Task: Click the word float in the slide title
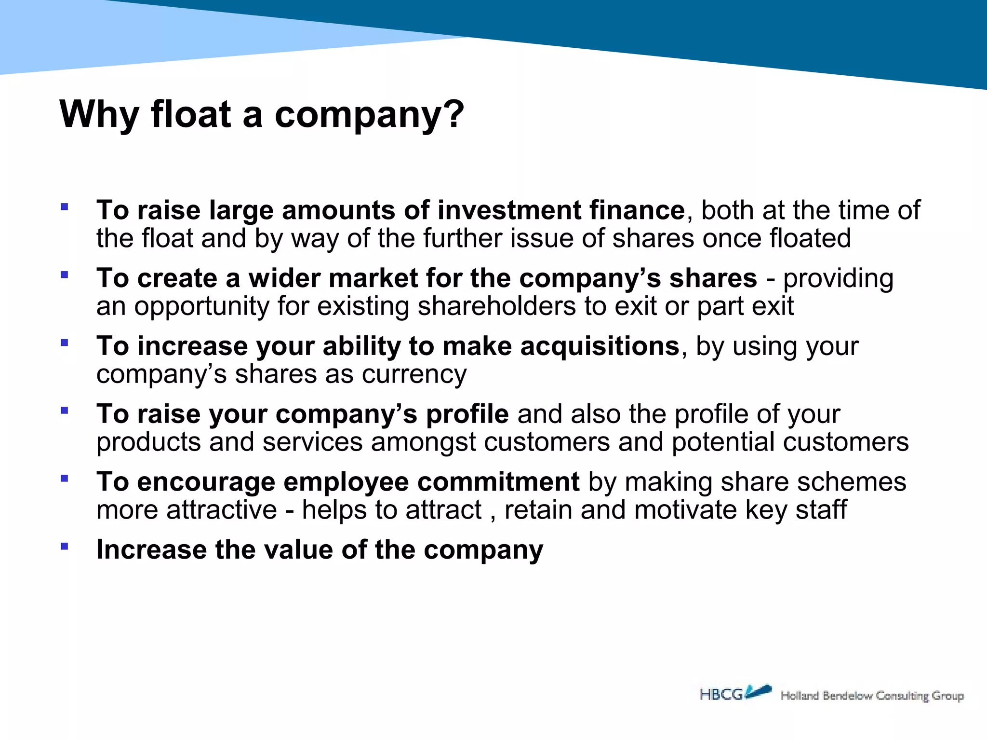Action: tap(191, 114)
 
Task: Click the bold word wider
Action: tap(284, 278)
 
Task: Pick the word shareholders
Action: tap(496, 306)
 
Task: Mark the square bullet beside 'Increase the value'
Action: tap(64, 547)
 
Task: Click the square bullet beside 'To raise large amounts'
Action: tap(64, 207)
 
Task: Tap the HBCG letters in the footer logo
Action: tap(721, 695)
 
